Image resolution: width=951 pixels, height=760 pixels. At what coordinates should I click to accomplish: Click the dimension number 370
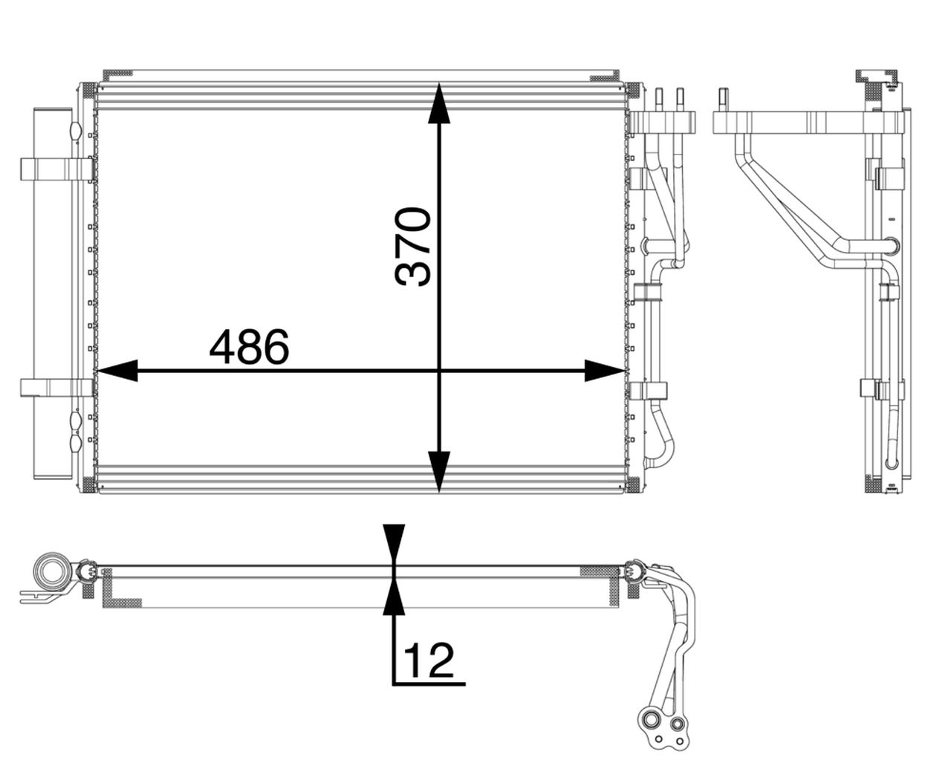pyautogui.click(x=413, y=247)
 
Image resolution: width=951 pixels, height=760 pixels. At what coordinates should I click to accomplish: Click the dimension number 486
pyautogui.click(x=248, y=348)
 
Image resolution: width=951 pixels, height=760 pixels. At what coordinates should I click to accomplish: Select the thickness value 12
pyautogui.click(x=429, y=658)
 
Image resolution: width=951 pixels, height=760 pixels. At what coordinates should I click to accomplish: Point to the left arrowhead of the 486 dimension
pyautogui.click(x=117, y=370)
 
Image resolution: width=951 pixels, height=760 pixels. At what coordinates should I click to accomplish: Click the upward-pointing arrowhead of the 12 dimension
pyautogui.click(x=395, y=599)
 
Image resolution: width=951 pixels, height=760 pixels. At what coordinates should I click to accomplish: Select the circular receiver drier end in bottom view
pyautogui.click(x=51, y=572)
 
